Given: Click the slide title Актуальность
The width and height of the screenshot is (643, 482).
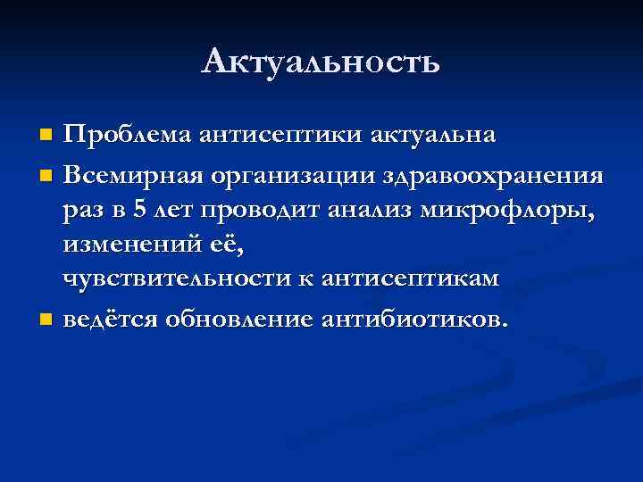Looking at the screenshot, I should coord(321,62).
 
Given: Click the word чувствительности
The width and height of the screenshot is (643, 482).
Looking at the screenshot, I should coord(180,279).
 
